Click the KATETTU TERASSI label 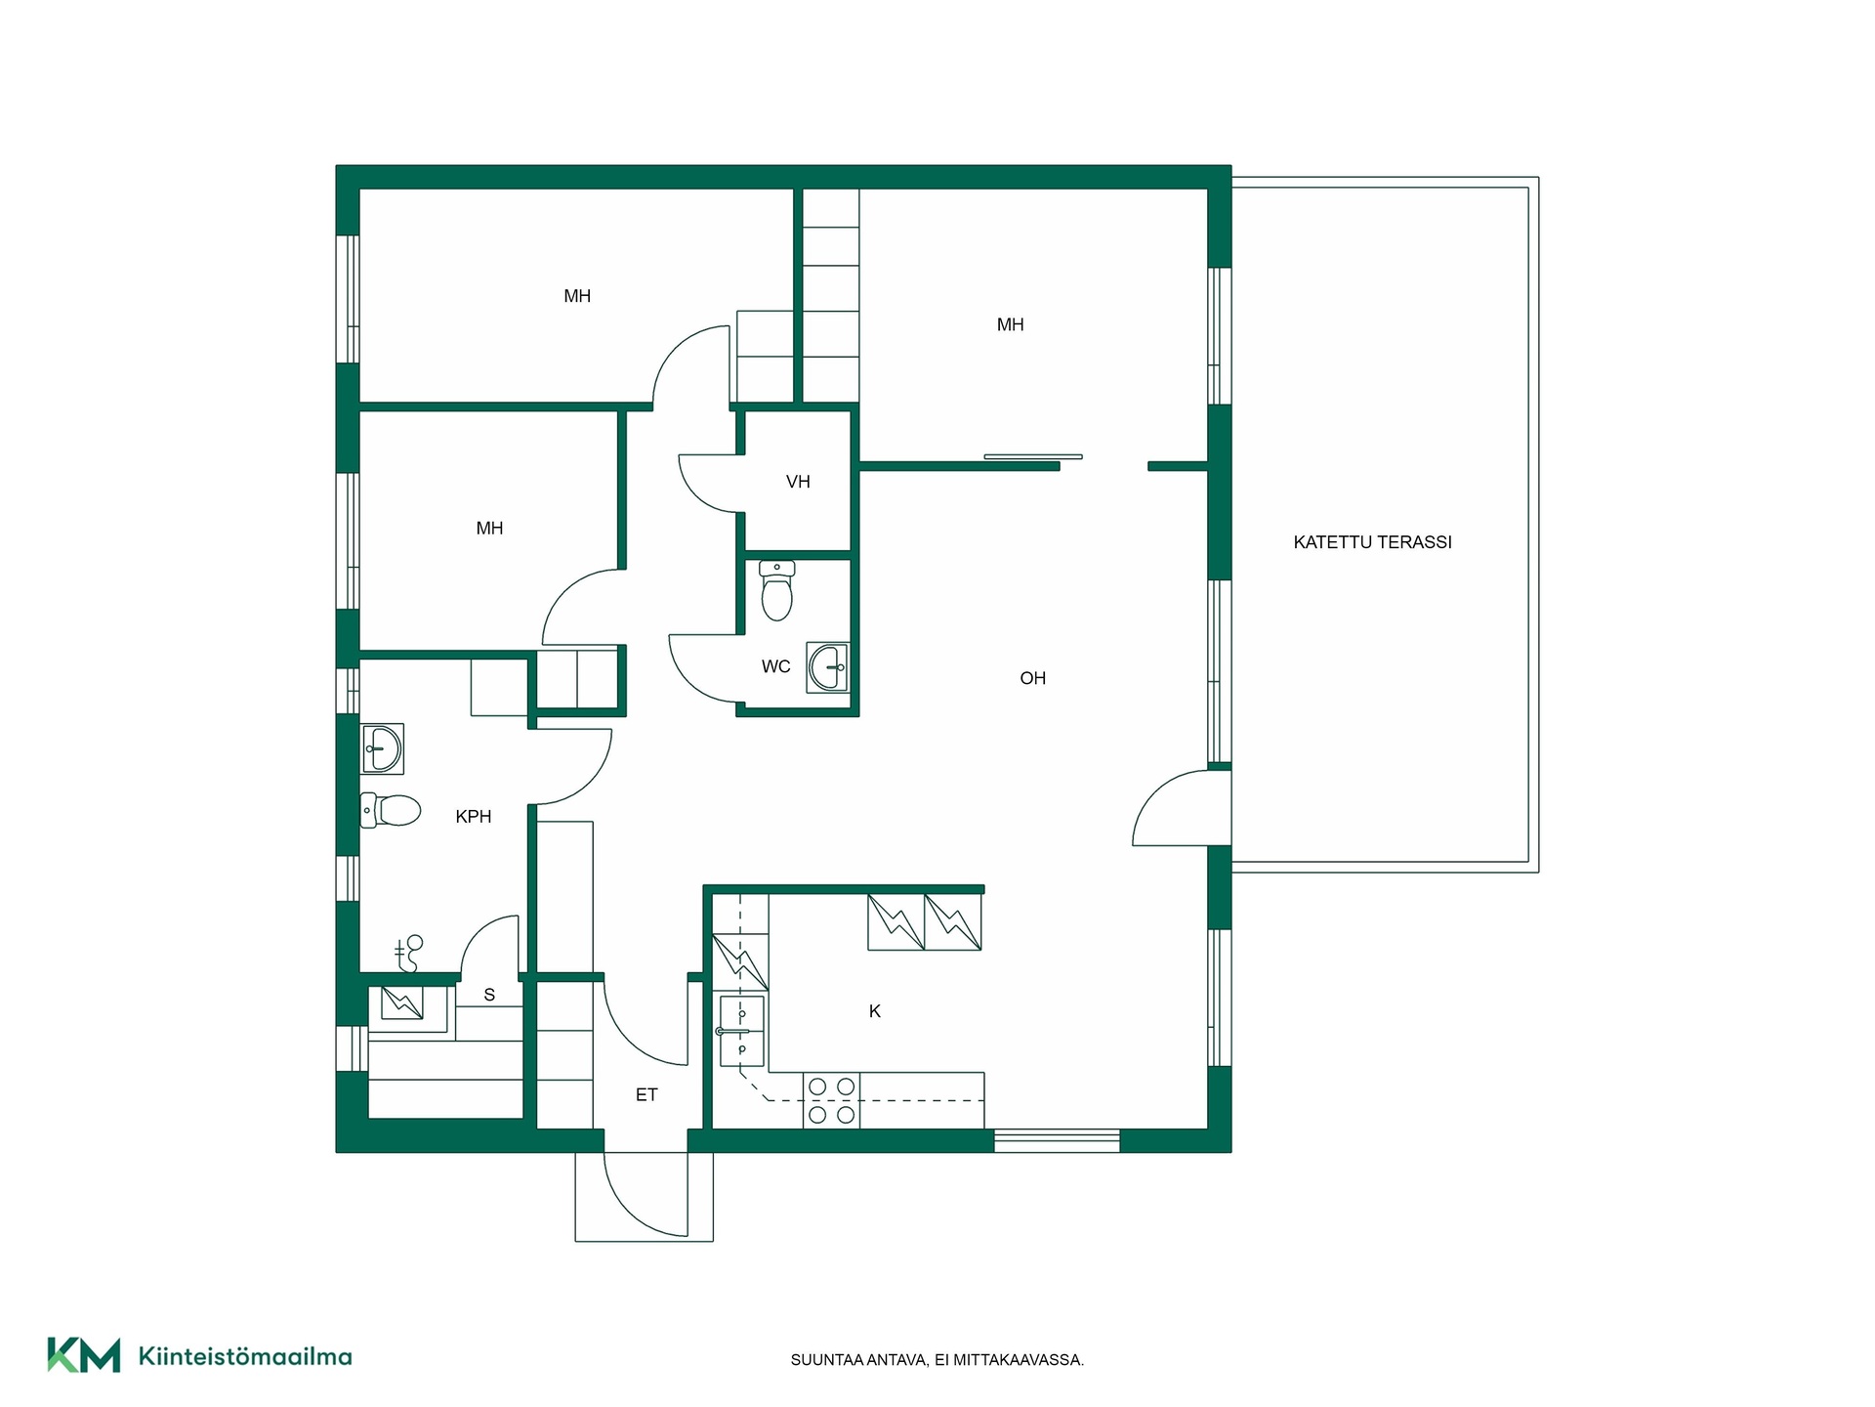click(1372, 542)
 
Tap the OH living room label click(1032, 678)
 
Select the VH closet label click(798, 482)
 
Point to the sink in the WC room click(827, 667)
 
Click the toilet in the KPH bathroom click(391, 810)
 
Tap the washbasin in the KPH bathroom click(382, 748)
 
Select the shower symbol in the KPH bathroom click(408, 954)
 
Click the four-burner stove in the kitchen click(831, 1100)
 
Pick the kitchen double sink click(741, 1031)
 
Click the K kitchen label click(875, 1011)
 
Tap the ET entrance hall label click(646, 1095)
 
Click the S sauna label click(489, 995)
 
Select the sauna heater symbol click(401, 1003)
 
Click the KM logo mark click(84, 1355)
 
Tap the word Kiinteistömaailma click(245, 1357)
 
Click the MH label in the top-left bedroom click(577, 296)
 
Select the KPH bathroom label click(474, 817)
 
